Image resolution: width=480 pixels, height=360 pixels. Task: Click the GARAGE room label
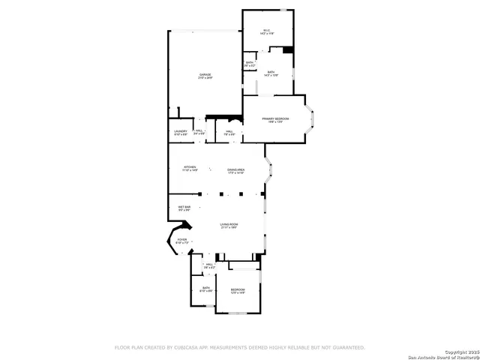[205, 76]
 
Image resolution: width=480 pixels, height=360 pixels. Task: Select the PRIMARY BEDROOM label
[275, 120]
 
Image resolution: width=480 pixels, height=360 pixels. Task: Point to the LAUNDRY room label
[181, 133]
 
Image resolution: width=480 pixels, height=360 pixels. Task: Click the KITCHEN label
[189, 169]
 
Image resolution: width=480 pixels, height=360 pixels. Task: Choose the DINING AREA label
[236, 171]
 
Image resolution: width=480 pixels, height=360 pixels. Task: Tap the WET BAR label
[184, 208]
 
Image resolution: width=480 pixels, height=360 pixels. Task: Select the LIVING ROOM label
[229, 226]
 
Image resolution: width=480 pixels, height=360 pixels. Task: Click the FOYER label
[181, 241]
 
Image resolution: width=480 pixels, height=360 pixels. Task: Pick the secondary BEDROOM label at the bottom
[237, 291]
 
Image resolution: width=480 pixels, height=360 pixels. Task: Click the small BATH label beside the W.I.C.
[249, 64]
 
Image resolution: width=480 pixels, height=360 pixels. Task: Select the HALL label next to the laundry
[199, 132]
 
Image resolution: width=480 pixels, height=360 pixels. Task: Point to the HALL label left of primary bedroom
[229, 133]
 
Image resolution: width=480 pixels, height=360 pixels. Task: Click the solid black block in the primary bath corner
[287, 50]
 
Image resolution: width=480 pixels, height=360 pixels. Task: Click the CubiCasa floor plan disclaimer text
[239, 347]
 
